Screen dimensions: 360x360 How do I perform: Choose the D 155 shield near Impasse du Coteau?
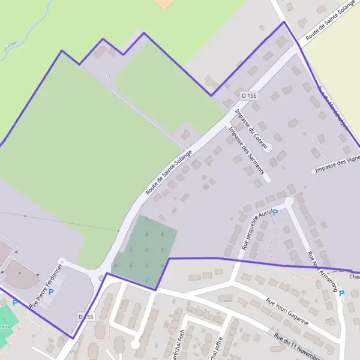249,95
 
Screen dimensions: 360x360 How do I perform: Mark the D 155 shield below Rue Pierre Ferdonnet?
86,316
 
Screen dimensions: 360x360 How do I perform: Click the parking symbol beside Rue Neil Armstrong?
342,293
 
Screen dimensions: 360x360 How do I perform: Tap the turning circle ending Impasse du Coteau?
268,147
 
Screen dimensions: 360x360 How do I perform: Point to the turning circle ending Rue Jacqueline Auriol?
290,202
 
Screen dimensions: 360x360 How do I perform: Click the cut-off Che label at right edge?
354,277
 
